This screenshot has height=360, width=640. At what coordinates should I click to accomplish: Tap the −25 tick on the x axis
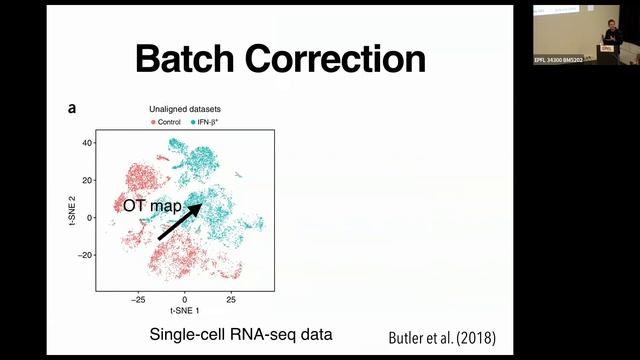138,299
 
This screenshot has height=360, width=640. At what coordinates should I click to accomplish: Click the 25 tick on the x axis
231,299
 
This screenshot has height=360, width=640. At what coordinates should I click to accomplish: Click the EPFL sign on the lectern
606,46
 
